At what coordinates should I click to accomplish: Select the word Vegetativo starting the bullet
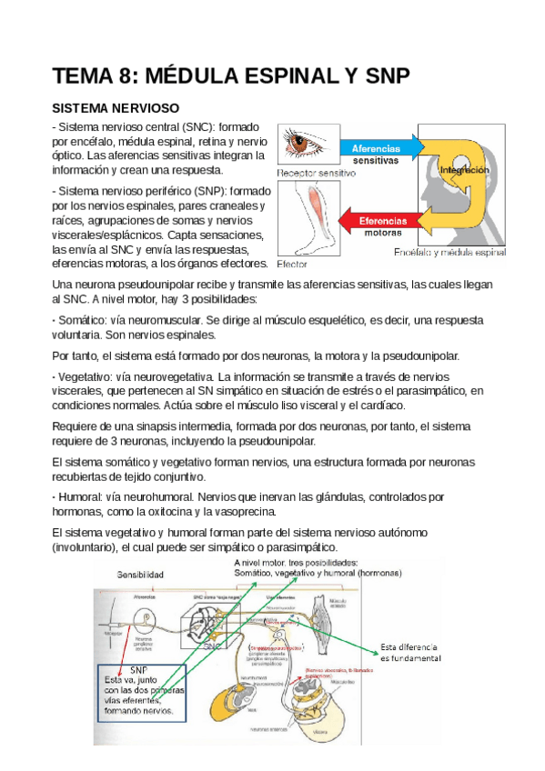(87, 375)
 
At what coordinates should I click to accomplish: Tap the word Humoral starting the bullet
(83, 497)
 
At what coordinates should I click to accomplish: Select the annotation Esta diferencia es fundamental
(410, 652)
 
